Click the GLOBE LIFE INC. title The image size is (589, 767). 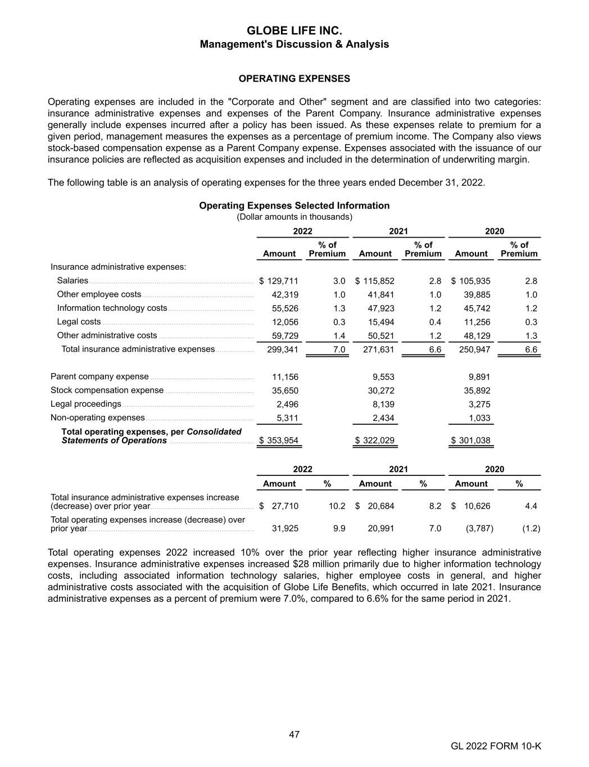[x=294, y=30]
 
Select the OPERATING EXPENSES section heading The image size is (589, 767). [x=294, y=79]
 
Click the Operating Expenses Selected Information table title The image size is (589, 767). [x=294, y=206]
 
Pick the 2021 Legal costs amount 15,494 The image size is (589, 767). [x=380, y=322]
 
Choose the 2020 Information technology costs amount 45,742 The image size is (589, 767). [x=476, y=308]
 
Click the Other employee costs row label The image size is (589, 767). [x=99, y=294]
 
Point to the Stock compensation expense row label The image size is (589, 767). [x=107, y=390]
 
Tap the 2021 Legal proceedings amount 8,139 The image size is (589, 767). [x=383, y=404]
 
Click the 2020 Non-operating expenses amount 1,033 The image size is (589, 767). [x=479, y=418]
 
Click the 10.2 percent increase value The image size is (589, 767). [x=337, y=506]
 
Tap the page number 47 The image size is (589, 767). [x=294, y=734]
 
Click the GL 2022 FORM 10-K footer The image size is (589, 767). [x=496, y=746]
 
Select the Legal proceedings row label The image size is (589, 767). [x=86, y=404]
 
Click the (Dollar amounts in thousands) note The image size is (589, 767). [x=294, y=216]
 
